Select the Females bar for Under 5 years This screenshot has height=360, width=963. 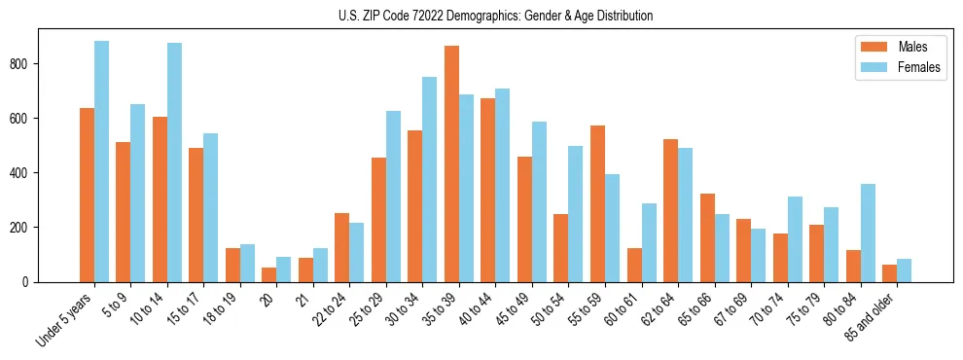[x=101, y=162]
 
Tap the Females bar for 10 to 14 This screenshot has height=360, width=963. [x=174, y=162]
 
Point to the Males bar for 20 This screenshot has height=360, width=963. [x=269, y=274]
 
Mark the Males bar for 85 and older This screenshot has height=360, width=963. [x=889, y=273]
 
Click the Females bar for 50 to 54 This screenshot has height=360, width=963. [x=576, y=214]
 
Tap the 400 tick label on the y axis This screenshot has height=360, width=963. [x=27, y=173]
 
